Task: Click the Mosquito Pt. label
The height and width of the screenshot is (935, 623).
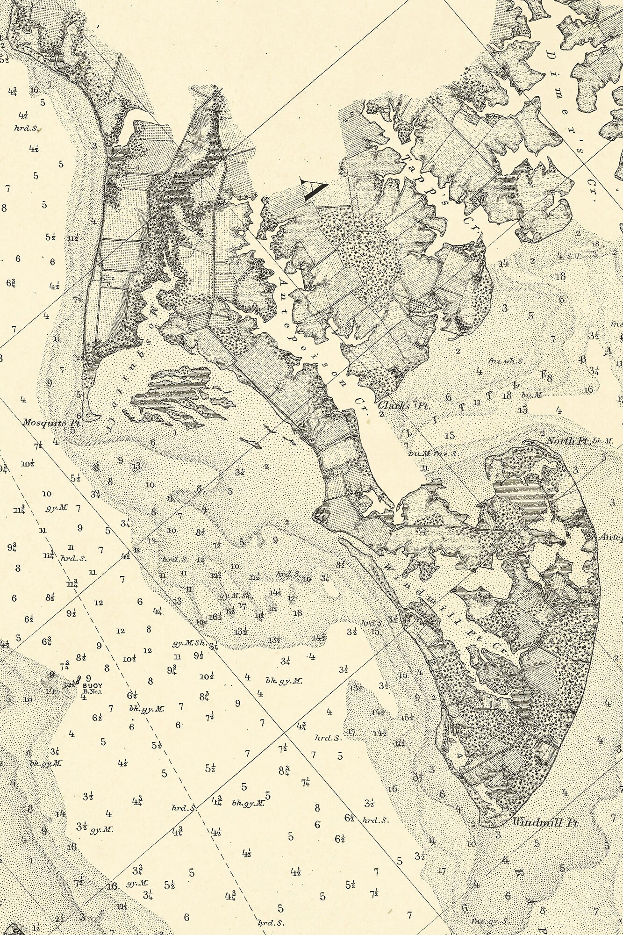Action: point(52,422)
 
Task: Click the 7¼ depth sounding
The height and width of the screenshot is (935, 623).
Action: point(306,781)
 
